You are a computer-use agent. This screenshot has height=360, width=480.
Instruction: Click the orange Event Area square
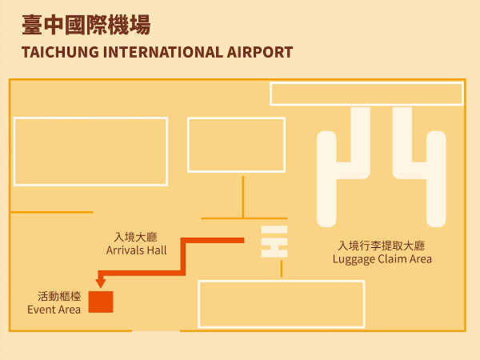101,302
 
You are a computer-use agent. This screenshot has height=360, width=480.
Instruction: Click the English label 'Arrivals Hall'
137,250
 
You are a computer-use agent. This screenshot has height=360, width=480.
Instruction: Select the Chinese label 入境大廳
137,238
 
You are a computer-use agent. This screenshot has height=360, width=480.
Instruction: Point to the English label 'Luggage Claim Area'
382,259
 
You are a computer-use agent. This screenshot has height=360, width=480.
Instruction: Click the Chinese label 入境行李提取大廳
382,246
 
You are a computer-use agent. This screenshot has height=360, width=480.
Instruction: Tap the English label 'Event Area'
54,310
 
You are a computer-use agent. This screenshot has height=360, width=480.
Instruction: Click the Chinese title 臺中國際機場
86,26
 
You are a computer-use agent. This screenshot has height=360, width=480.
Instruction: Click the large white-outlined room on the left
90,151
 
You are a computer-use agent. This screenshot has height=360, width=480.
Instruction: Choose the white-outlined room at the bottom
281,304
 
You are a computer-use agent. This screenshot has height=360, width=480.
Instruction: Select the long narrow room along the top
366,94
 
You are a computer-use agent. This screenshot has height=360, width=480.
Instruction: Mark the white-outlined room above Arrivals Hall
236,145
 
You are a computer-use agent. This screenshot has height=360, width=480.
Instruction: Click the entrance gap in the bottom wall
156,330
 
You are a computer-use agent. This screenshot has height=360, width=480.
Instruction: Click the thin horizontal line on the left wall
51,212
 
